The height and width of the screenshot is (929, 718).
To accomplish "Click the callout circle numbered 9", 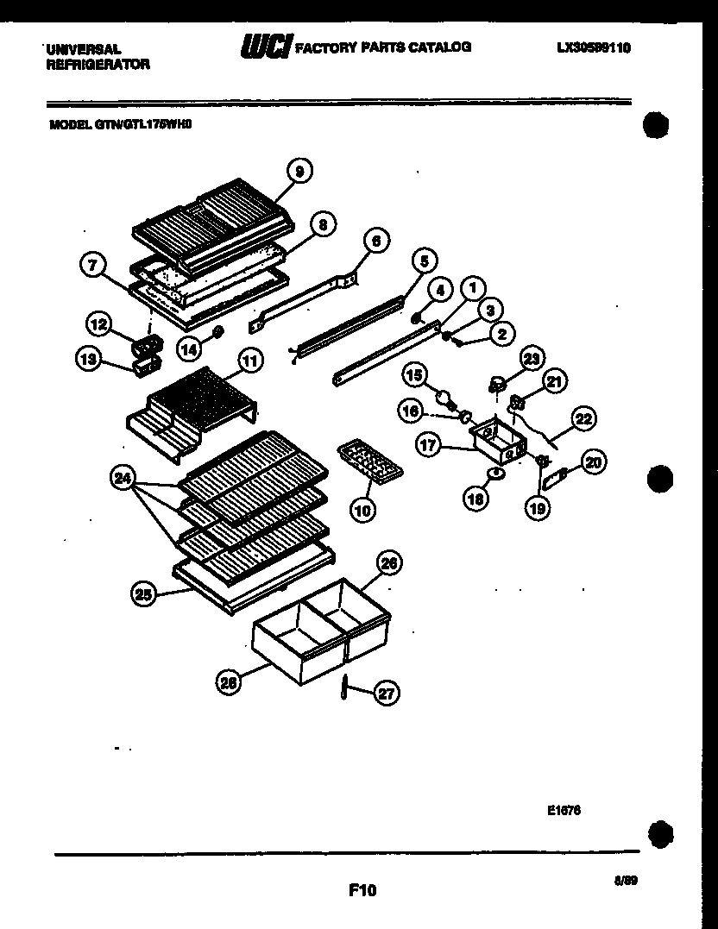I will click(x=299, y=172).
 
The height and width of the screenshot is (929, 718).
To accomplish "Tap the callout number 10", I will click(x=362, y=510).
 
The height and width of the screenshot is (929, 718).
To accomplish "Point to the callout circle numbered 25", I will click(x=143, y=593).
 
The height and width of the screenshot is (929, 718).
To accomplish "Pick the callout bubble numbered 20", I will click(x=593, y=462).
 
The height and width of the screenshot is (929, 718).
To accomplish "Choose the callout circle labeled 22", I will click(x=584, y=419).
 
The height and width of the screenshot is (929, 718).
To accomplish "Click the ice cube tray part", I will click(x=368, y=462).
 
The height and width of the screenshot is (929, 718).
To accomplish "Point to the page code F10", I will click(x=362, y=889).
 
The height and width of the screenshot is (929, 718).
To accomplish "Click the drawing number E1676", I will click(x=564, y=810).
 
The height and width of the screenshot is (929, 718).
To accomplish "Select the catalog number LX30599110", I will click(x=594, y=47).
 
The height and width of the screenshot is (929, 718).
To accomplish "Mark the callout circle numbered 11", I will click(x=249, y=361).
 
